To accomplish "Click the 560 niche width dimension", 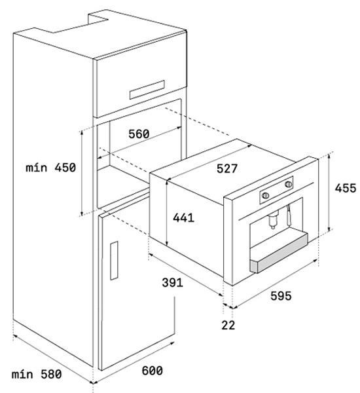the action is (x=139, y=134).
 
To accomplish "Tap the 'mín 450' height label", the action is (x=51, y=168).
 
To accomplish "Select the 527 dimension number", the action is (x=227, y=168).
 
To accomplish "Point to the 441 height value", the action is (x=184, y=217).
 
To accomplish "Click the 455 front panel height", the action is (x=346, y=188).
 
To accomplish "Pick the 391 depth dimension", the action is (x=172, y=282).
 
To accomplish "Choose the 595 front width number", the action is (x=281, y=296).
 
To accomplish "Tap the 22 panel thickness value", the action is (x=228, y=325).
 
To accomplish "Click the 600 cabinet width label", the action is (x=152, y=371).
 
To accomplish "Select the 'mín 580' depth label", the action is (x=37, y=375).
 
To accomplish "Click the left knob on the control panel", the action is (x=266, y=195).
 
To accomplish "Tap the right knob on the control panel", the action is (x=289, y=184).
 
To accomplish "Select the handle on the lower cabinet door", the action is (x=114, y=261).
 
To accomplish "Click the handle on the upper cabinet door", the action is (x=147, y=90).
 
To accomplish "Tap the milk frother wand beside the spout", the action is (x=289, y=215).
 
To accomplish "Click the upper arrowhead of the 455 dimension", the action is (x=329, y=156).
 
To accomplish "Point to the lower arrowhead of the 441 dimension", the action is (x=167, y=244).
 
